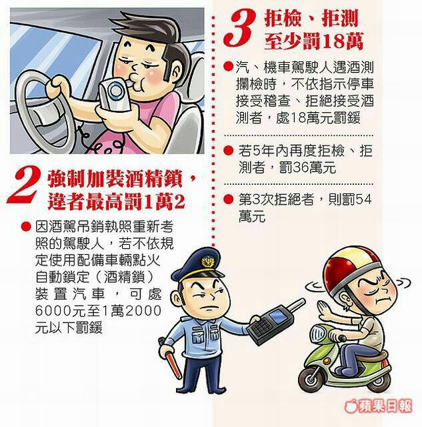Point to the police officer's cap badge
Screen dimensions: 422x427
pos(207,262)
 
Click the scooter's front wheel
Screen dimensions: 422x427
pos(309,380)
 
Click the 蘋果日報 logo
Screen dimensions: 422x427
pos(379,406)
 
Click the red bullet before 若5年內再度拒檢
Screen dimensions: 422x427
pos(229,150)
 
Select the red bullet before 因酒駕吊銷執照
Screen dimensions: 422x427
pos(26,227)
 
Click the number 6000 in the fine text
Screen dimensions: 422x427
pos(53,311)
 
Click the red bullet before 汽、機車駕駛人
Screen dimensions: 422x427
pos(229,67)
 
